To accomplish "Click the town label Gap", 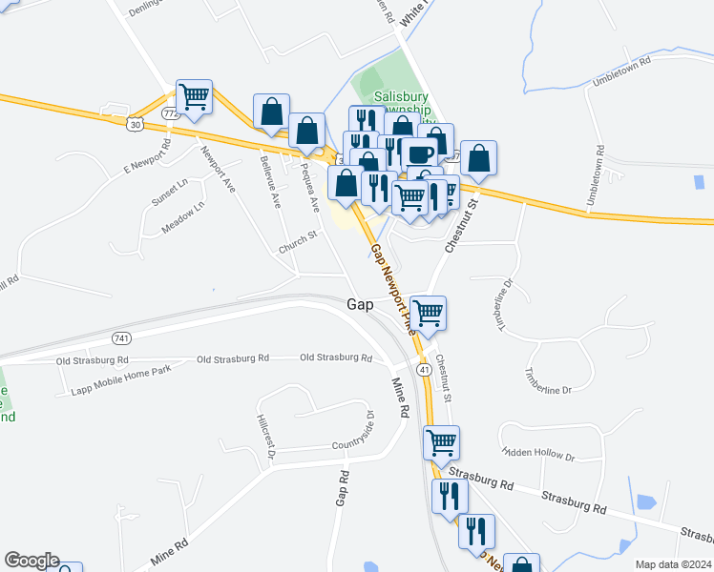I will [x=359, y=304].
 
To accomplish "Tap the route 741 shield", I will [x=121, y=338].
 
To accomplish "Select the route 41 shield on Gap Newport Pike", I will [x=422, y=368].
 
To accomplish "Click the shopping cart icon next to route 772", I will [x=194, y=96].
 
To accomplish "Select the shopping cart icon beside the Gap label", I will [x=428, y=311].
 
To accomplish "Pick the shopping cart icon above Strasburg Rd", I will [x=441, y=442].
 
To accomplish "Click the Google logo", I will [x=31, y=561].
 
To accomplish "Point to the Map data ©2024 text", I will [x=673, y=564].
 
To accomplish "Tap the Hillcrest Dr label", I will [x=266, y=438].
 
